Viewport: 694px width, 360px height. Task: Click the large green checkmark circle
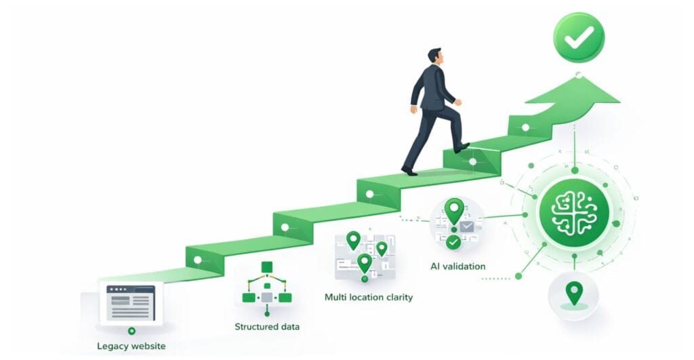[x=579, y=38]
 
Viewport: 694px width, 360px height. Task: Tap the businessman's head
[x=434, y=57]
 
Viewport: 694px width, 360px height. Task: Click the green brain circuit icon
[x=574, y=214]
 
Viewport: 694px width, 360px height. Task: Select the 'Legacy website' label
[x=131, y=346]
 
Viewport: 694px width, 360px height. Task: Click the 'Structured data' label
[x=267, y=327]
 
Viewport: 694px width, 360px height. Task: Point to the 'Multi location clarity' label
[x=369, y=297]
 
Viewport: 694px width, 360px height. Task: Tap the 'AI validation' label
[x=457, y=266]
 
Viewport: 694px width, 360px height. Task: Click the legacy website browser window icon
[x=131, y=303]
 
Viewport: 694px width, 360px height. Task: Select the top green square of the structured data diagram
[x=267, y=266]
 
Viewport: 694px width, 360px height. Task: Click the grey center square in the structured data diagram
[x=267, y=297]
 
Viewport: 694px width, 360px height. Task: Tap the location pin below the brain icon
[x=574, y=294]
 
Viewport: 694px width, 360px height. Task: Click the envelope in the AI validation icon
[x=466, y=227]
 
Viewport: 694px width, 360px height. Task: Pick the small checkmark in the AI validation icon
[x=453, y=242]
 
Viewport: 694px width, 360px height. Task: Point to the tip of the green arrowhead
[x=578, y=75]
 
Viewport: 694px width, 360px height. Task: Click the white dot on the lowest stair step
[x=197, y=260]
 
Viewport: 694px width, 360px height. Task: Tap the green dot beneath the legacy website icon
[x=131, y=331]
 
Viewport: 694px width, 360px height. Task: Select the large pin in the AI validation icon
[x=454, y=211]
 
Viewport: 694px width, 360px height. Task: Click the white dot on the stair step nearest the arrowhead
[x=525, y=127]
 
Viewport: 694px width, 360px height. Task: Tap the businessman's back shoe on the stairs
[x=409, y=170]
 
